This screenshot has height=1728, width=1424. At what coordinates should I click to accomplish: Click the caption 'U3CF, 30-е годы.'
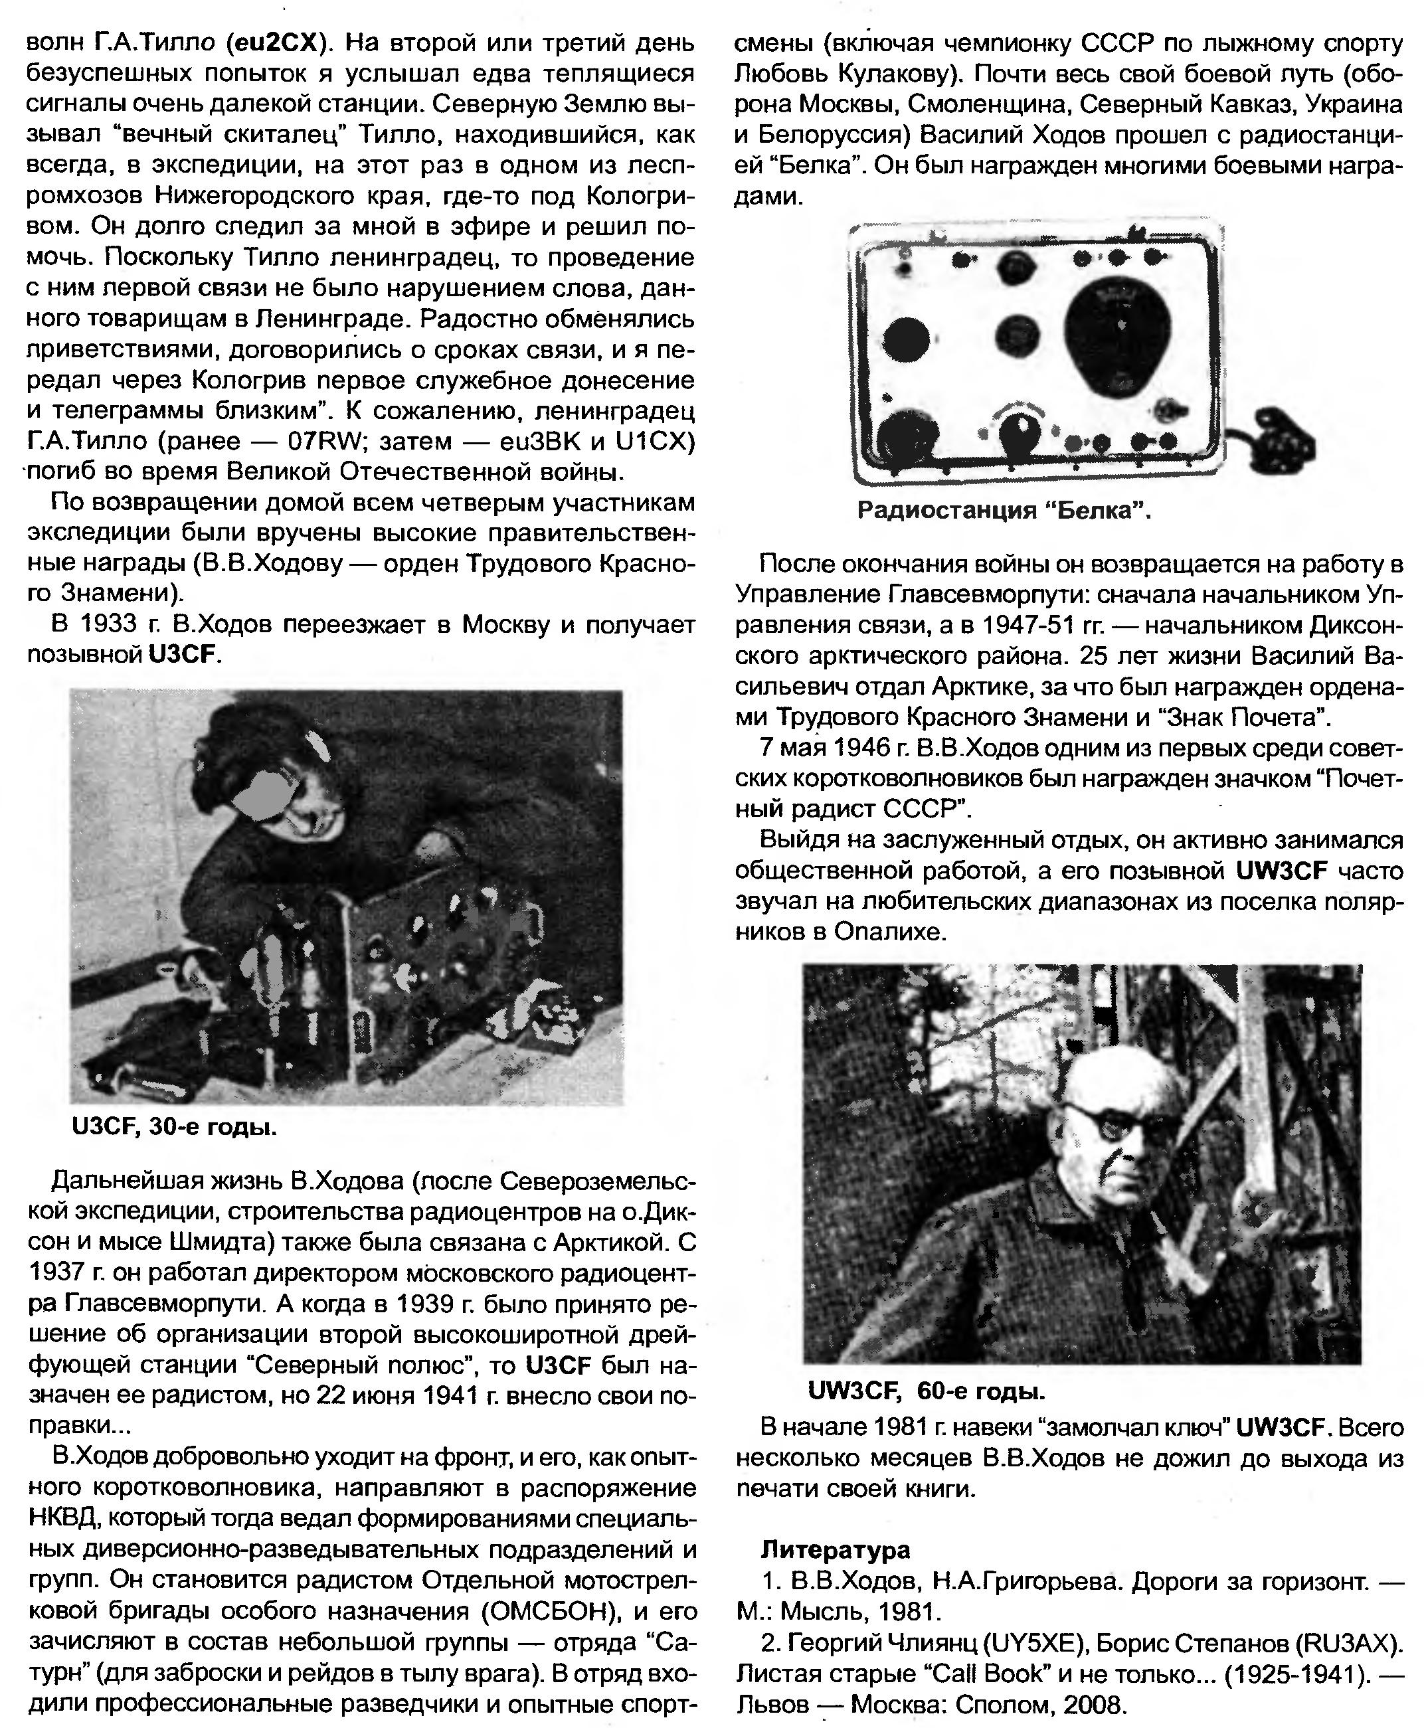pyautogui.click(x=174, y=1127)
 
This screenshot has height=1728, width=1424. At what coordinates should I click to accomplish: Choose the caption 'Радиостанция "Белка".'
pyautogui.click(x=1003, y=511)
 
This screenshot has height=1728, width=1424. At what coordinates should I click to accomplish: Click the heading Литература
pyautogui.click(x=835, y=1549)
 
